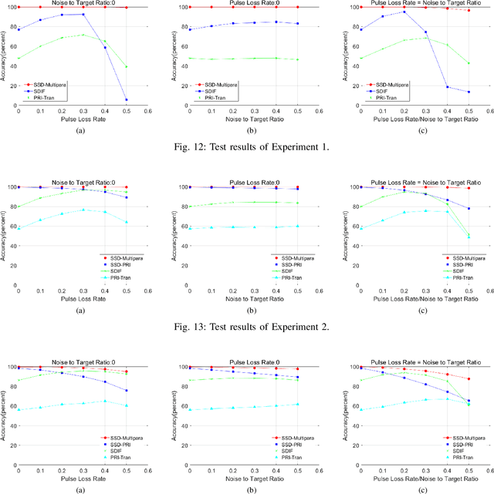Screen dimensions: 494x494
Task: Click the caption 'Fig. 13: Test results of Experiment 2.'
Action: tap(247, 327)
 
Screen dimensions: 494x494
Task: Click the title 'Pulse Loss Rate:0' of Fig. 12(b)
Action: tap(246, 3)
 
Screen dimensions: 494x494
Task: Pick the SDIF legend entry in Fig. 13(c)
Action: tap(458, 269)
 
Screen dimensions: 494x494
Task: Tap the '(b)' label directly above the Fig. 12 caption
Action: tap(247, 131)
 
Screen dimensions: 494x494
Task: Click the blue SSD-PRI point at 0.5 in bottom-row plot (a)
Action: tap(127, 391)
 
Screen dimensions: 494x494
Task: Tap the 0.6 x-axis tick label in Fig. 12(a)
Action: tap(148, 110)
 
